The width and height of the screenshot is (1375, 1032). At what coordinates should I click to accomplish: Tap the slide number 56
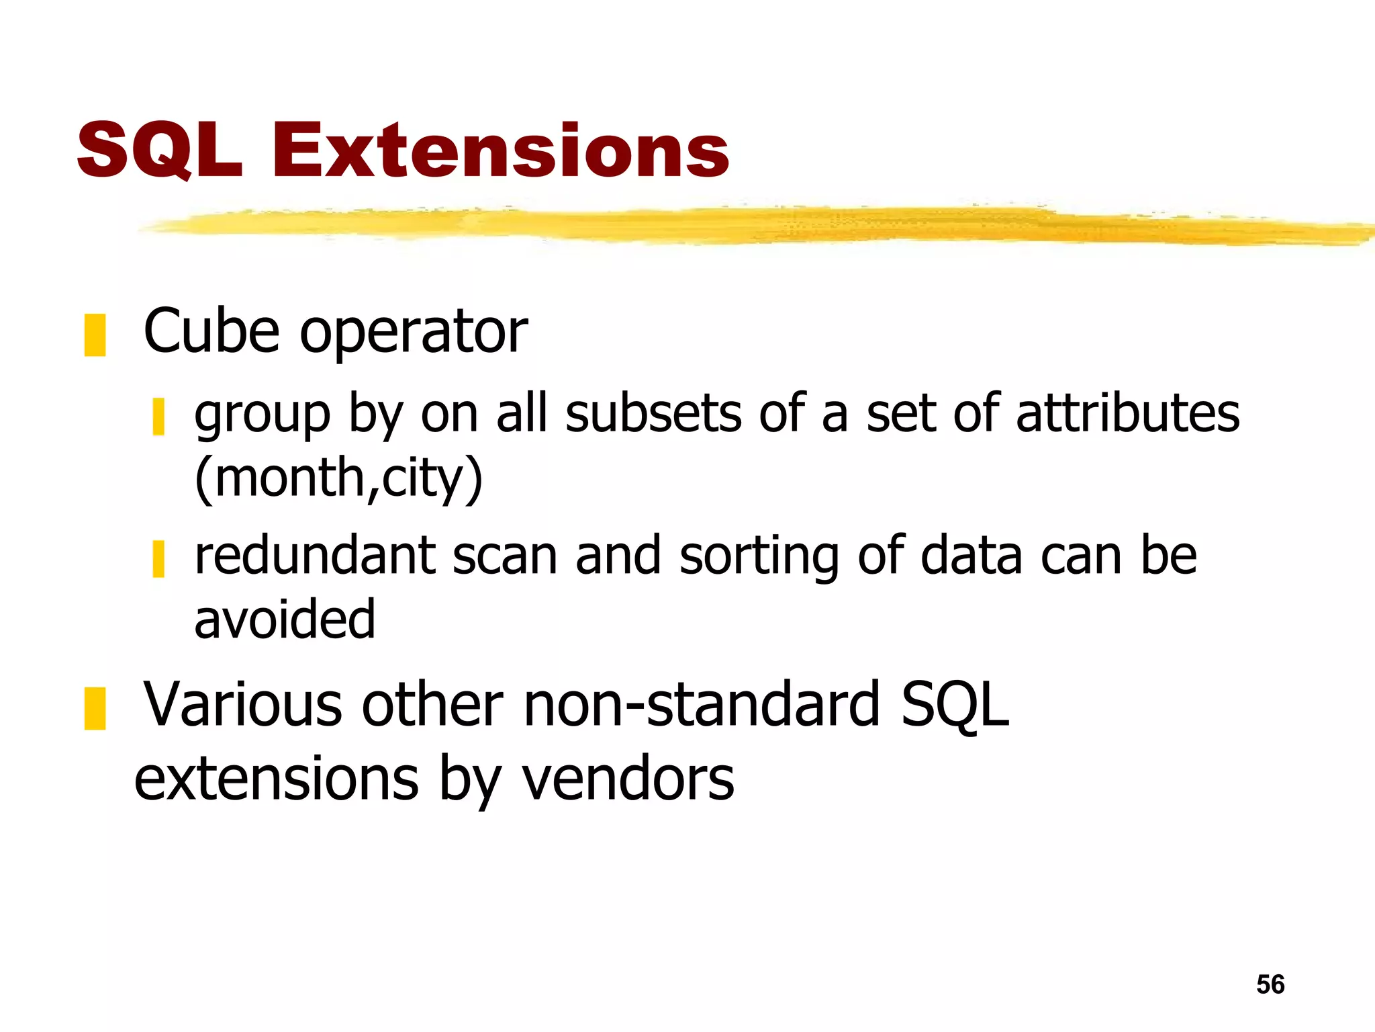coord(1270,984)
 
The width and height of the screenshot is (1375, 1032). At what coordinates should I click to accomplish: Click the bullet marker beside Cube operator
coord(95,335)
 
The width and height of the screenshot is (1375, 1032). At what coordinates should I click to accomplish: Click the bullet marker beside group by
coord(158,417)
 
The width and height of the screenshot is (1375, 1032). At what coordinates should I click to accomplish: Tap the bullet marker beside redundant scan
coord(158,558)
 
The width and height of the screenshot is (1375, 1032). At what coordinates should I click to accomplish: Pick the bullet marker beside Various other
coord(95,708)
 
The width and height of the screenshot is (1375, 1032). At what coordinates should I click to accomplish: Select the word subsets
coord(653,413)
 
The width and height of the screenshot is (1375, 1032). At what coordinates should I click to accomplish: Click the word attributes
coord(1128,413)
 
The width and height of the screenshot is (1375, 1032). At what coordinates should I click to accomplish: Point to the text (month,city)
coord(338,478)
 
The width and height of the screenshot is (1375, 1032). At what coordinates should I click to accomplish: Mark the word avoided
coord(285,619)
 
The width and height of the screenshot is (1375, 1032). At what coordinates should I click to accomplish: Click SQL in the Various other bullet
coord(955,705)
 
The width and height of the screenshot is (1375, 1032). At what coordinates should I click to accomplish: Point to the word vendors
coord(628,779)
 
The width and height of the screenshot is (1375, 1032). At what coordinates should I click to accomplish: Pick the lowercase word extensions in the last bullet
coord(277,779)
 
